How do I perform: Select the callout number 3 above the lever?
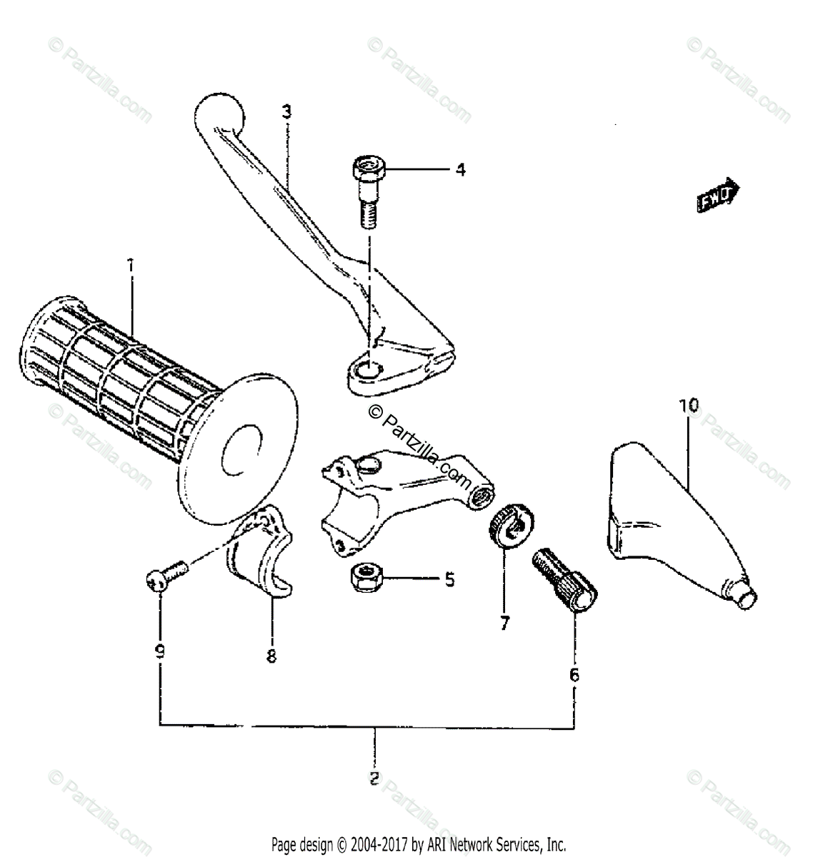pos(286,111)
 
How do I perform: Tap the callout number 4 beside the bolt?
pos(460,170)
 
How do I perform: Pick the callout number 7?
pos(504,623)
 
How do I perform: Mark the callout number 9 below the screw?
pos(160,651)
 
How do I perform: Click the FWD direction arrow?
pos(717,194)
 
